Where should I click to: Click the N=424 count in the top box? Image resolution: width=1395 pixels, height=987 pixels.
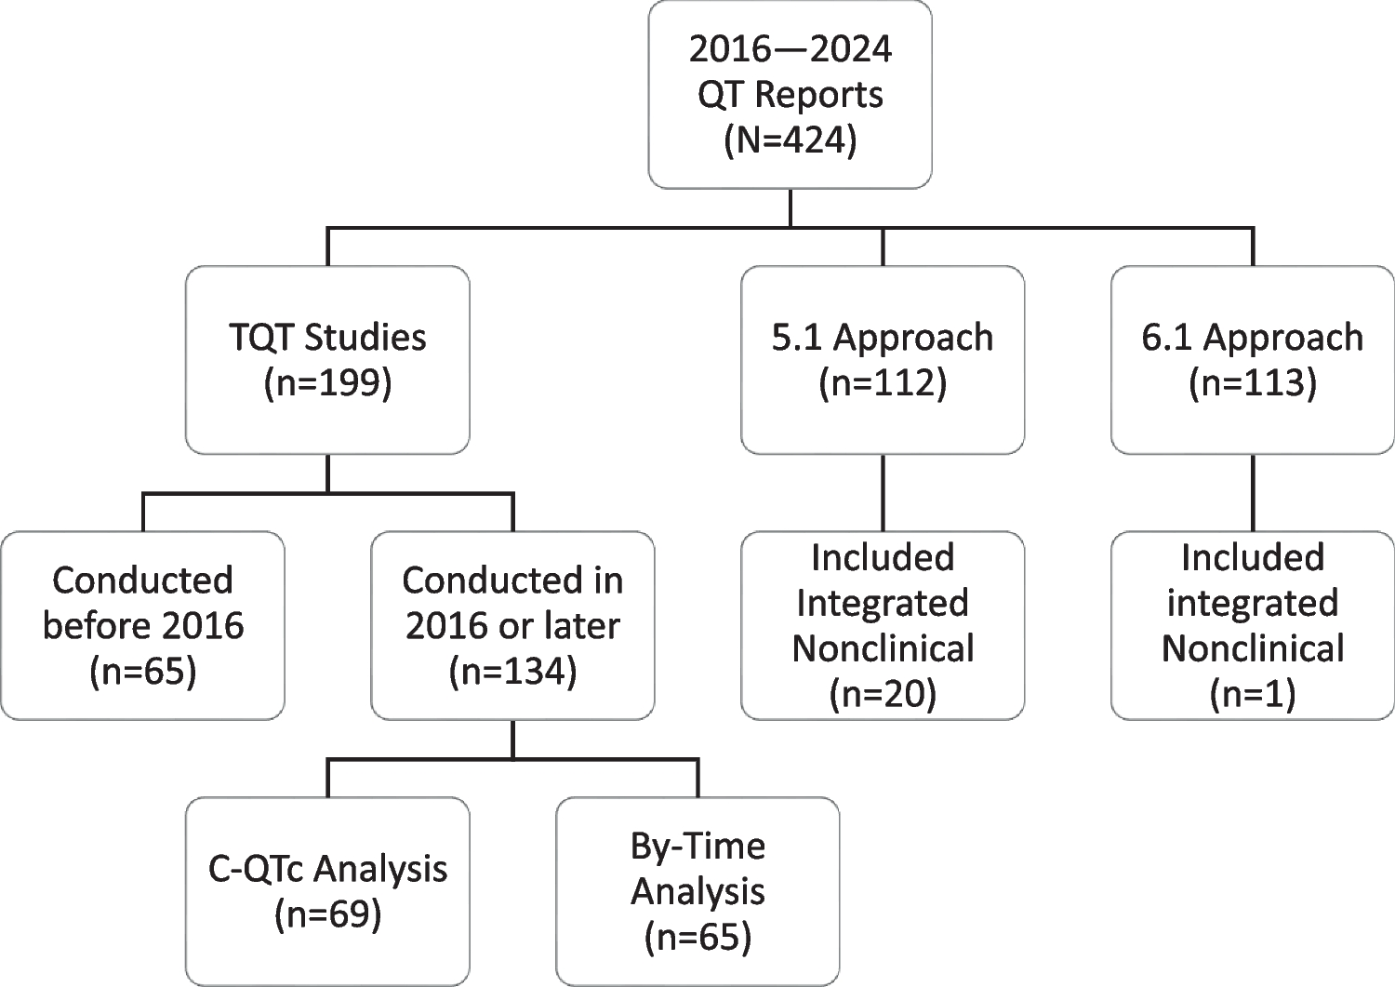[790, 140]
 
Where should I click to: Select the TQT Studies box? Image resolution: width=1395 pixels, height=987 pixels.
[327, 359]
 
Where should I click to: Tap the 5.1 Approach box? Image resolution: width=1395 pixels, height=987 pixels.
[883, 359]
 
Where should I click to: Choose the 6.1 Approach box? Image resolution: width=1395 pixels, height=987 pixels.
[1252, 359]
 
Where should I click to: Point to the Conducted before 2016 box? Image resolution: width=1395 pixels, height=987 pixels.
[142, 625]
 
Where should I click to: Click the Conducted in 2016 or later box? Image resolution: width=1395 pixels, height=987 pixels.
[512, 625]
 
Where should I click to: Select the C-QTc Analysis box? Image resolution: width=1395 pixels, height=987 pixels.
[327, 890]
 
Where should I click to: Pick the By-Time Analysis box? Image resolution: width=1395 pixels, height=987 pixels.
[697, 890]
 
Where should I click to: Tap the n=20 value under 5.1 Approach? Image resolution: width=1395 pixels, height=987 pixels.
[883, 693]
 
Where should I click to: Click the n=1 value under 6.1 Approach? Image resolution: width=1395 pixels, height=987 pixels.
[1252, 693]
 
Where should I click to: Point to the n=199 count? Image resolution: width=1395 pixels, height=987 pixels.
[327, 383]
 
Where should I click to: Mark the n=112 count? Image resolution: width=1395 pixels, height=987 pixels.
[883, 383]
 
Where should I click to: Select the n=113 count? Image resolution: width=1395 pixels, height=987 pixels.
[1252, 383]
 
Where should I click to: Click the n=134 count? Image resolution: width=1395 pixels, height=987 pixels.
[512, 672]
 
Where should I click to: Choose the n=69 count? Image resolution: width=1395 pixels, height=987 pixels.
[327, 914]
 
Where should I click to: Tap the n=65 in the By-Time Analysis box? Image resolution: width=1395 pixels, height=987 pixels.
[697, 937]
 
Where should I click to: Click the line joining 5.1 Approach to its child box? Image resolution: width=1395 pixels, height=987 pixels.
[883, 492]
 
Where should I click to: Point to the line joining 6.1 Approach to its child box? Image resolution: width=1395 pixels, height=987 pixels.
[1252, 492]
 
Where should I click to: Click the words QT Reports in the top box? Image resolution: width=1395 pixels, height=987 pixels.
[790, 95]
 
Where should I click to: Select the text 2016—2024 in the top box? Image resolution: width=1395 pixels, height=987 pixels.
[790, 48]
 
